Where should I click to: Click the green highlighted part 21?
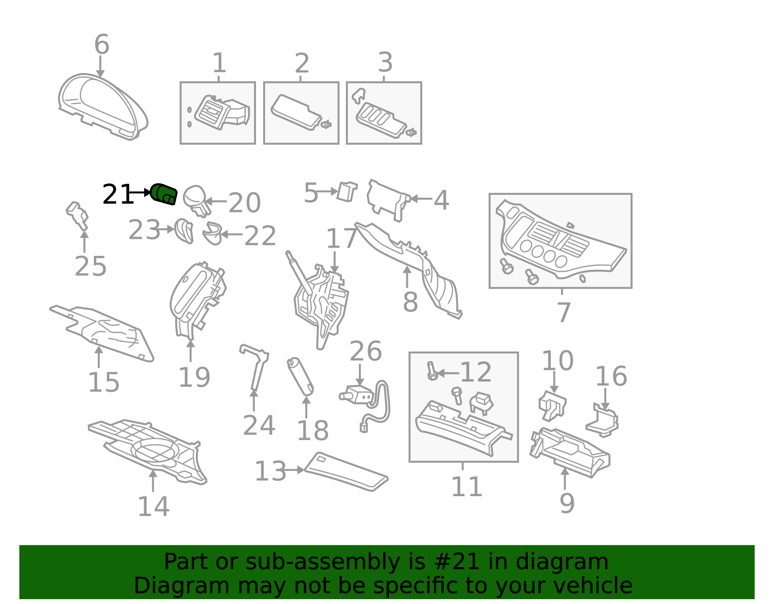164,194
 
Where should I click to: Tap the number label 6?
102,44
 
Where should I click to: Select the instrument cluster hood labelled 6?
103,107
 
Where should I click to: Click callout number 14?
153,506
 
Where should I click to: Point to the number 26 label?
365,351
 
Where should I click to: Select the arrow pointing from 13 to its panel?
293,470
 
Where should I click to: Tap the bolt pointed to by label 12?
432,371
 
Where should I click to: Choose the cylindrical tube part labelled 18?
300,377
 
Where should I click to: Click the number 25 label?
90,266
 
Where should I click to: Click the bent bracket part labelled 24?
254,367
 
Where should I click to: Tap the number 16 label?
611,376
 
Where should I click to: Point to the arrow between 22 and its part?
232,234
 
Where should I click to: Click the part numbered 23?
184,231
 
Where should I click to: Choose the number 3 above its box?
386,62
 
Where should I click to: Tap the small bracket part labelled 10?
552,406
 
